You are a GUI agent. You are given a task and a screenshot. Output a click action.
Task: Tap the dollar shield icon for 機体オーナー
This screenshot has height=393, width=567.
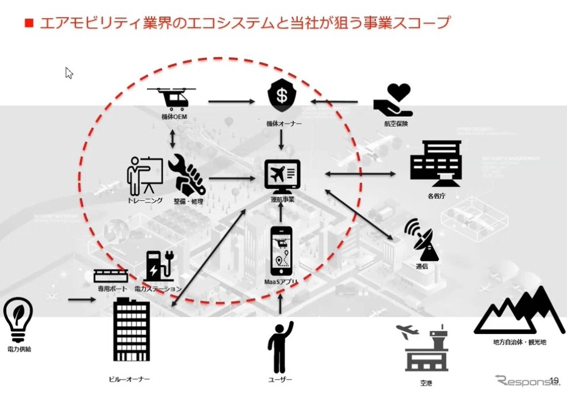(x=281, y=97)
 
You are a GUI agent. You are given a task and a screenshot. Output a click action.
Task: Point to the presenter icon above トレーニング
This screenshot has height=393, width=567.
(x=144, y=176)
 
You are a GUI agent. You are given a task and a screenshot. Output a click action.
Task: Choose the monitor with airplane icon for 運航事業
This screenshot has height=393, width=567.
(x=282, y=176)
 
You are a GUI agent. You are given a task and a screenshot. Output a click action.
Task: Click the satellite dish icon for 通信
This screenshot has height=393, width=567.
(x=421, y=240)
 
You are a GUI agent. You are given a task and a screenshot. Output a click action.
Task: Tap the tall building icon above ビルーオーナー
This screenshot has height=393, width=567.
(x=131, y=329)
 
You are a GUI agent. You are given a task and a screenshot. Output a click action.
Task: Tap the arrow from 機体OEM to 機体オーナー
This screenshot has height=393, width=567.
(x=231, y=102)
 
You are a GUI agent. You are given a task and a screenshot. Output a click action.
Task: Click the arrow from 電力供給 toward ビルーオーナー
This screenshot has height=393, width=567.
(x=82, y=298)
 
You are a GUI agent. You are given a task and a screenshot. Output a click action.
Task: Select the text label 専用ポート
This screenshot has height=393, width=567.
(x=111, y=289)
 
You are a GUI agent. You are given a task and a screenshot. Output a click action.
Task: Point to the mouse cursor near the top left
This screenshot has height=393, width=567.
(x=69, y=73)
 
